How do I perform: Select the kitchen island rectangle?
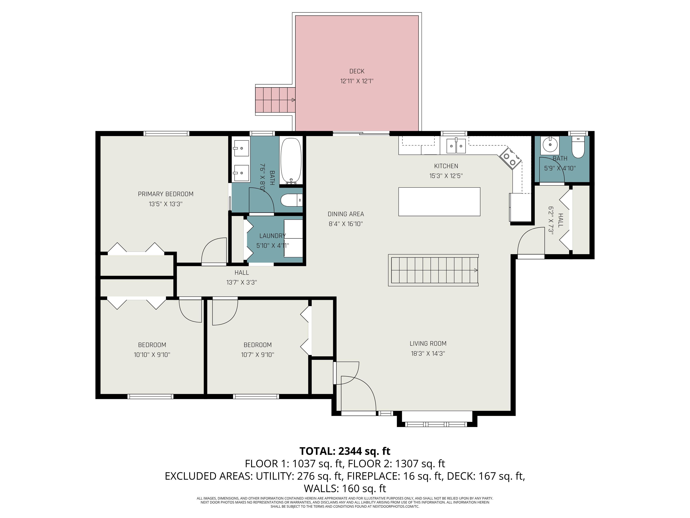click(x=439, y=202)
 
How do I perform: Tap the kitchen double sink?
click(x=456, y=146)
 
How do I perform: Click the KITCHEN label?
click(x=446, y=166)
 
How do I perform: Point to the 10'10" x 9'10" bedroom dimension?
click(x=152, y=355)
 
